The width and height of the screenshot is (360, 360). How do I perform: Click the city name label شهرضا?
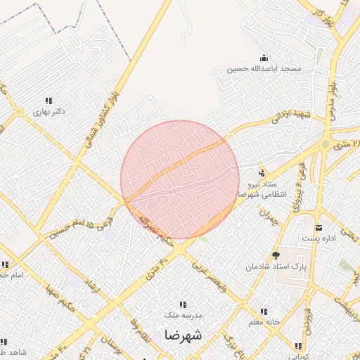(x=183, y=335)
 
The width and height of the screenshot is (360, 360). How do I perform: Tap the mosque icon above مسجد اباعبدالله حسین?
(x=263, y=58)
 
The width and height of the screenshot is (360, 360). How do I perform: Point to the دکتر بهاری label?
(x=49, y=112)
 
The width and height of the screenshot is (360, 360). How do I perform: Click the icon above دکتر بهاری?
(x=49, y=101)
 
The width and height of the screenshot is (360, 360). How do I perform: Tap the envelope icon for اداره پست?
(x=319, y=227)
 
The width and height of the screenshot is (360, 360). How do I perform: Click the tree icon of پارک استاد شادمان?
(x=276, y=255)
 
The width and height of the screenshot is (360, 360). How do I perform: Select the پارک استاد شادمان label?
(x=276, y=267)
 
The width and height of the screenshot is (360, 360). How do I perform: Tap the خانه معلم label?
(x=262, y=322)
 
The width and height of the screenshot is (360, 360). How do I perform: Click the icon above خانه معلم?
(x=265, y=311)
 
